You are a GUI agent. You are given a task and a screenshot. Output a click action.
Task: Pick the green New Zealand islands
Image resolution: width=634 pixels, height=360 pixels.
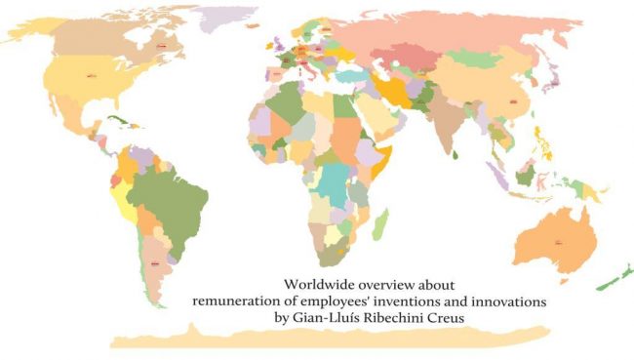point(615,279)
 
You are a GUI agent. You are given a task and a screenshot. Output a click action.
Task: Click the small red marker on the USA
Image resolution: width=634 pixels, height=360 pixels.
point(91,74)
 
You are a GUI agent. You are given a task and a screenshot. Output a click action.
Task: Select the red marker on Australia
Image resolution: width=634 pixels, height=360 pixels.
point(560,240)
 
